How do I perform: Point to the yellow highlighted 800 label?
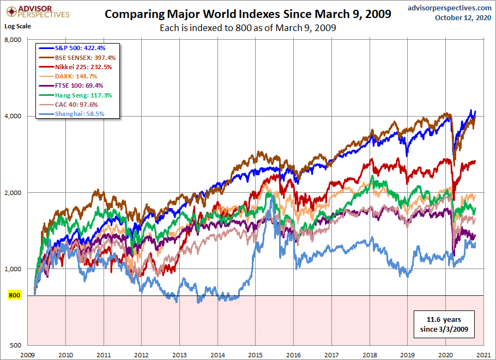pos(14,296)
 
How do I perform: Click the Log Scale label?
pos(18,26)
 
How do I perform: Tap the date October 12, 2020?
pos(463,17)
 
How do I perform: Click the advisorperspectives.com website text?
pos(441,7)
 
